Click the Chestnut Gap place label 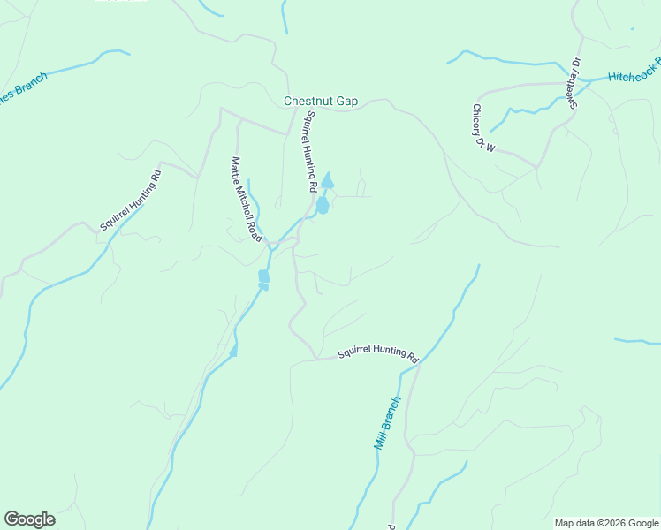click(320, 102)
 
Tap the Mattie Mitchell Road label click(247, 200)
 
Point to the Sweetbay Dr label click(575, 83)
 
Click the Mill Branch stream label click(387, 423)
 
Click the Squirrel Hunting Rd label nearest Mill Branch click(377, 353)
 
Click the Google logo click(29, 519)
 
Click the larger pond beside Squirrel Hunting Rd click(323, 205)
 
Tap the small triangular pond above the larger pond click(328, 181)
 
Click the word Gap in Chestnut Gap click(346, 102)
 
